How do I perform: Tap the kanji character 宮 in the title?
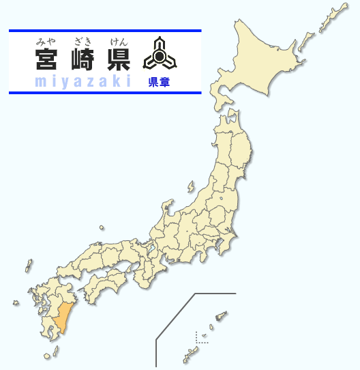click(48, 61)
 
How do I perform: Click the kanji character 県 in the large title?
click(118, 61)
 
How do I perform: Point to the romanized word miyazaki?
click(82, 82)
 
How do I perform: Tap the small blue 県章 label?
click(159, 83)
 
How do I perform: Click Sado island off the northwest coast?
click(190, 186)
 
